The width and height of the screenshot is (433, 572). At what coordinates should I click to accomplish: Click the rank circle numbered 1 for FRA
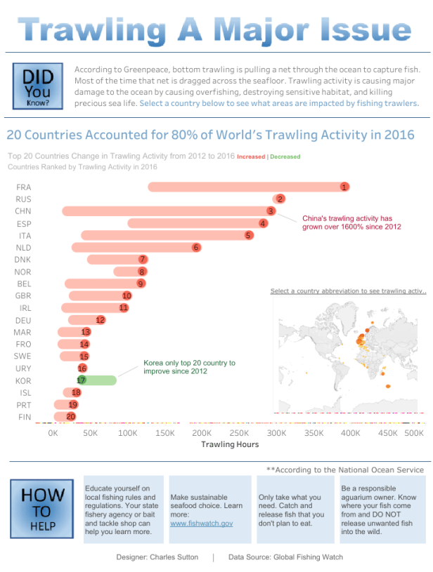pos(344,187)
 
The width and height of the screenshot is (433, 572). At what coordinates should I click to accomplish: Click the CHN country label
pos(23,211)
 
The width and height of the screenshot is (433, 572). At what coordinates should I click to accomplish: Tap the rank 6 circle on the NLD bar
pos(196,247)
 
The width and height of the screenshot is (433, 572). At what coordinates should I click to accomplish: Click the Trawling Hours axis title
pos(230,444)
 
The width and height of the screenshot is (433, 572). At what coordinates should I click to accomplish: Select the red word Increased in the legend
pos(251,157)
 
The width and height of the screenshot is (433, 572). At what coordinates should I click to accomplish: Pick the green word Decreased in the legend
pos(285,157)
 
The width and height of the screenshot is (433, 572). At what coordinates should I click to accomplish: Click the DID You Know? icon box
pos(37,87)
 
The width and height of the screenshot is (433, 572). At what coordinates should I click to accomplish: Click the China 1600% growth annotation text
pos(351,222)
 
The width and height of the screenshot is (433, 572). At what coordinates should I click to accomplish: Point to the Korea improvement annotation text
pos(189,367)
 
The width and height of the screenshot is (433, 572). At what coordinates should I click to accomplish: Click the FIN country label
pos(23,417)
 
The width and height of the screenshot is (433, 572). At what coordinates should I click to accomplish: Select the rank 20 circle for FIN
pos(70,417)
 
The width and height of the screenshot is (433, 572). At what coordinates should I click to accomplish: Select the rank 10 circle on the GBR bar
pos(127,296)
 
